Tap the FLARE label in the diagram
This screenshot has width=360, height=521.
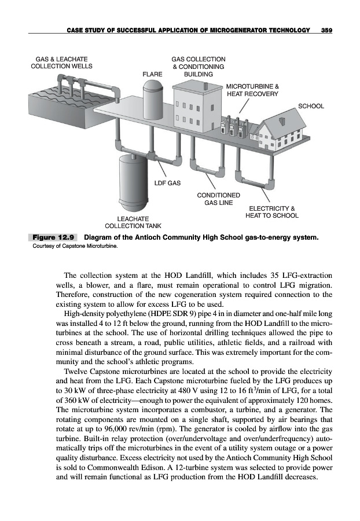[153, 74]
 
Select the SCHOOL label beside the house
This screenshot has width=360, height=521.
[311, 107]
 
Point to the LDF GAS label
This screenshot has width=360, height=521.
[167, 184]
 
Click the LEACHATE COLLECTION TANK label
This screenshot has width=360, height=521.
[133, 222]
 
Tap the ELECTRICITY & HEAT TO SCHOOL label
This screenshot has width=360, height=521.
[272, 212]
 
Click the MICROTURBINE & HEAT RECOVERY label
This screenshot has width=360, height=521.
[252, 89]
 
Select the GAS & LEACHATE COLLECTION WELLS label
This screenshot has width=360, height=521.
[61, 63]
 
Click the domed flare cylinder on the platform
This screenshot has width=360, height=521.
[153, 98]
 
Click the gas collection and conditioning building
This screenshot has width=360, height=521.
[196, 104]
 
